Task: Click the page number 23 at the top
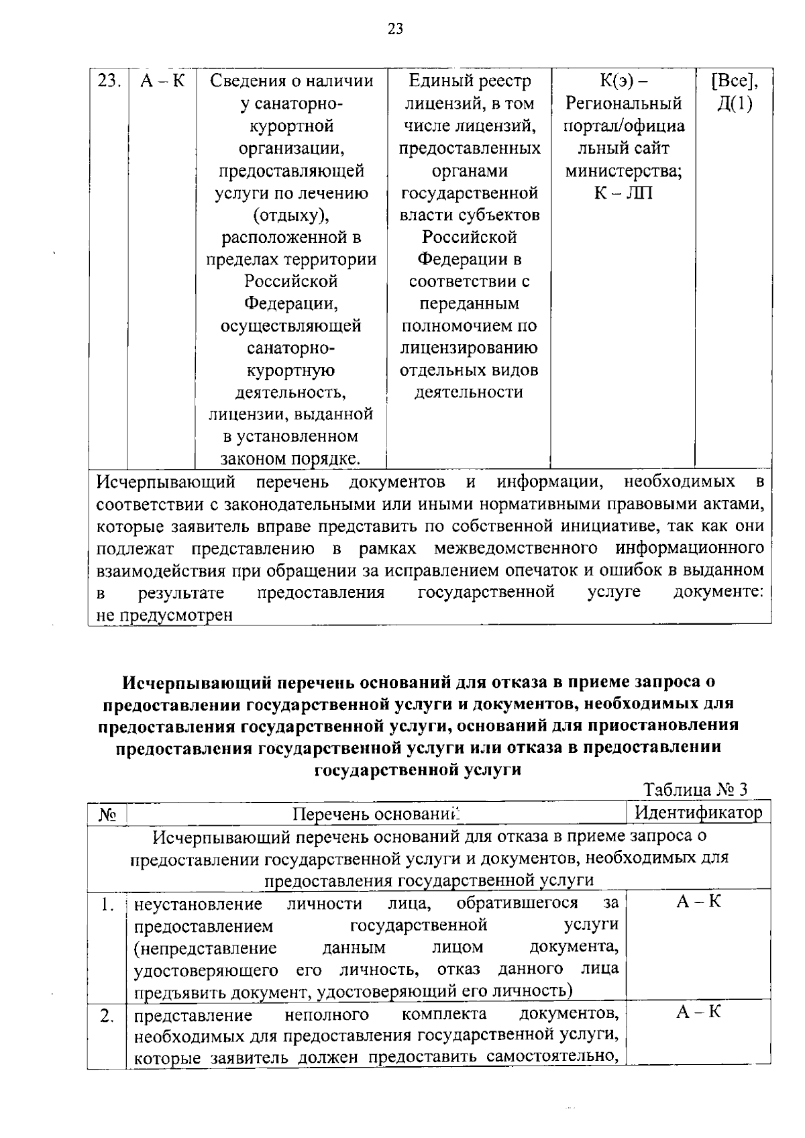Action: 395,29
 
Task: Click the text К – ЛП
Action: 623,193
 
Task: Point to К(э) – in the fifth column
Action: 623,81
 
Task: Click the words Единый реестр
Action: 470,81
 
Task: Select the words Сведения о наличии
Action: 291,81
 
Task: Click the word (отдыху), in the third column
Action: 291,215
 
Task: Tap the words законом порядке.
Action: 291,459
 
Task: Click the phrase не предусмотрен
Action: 164,615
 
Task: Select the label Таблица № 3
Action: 695,790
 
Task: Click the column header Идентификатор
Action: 698,813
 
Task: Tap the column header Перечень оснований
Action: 378,814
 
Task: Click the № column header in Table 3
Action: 107,814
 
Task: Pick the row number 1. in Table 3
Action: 107,904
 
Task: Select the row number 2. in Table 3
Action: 107,1016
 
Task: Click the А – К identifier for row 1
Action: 698,902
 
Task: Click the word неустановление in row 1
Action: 198,904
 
